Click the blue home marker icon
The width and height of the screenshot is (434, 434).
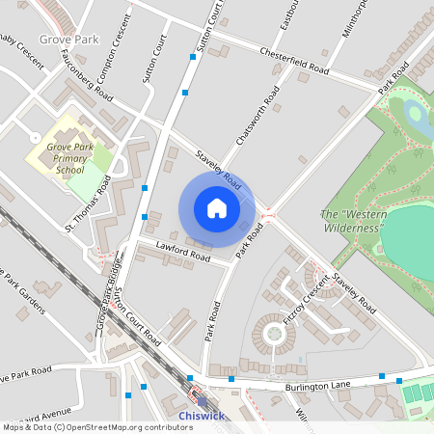(216, 208)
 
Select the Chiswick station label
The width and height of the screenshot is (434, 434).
(202, 416)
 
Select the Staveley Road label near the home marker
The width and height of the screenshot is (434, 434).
(216, 166)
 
